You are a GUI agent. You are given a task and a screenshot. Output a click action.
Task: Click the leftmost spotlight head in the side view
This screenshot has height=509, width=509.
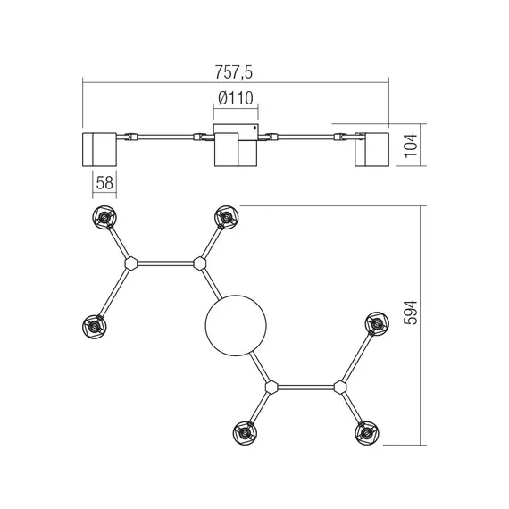click(x=99, y=147)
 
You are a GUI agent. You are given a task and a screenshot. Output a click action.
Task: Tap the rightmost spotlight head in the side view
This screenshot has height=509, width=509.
click(x=372, y=147)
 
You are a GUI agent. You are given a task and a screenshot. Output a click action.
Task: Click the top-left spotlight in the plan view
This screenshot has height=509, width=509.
click(x=104, y=217)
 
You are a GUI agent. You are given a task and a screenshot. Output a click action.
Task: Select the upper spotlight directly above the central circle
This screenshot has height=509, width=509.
click(x=224, y=217)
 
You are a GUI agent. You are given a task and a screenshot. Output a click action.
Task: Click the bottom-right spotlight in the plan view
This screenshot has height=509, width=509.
click(x=365, y=433)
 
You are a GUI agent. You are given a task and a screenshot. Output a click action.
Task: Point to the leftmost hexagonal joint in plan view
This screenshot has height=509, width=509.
click(x=131, y=263)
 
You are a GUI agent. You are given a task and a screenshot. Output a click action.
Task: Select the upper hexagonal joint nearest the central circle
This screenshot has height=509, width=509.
click(x=199, y=263)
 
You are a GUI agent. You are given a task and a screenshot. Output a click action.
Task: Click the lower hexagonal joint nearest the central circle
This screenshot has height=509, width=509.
click(x=272, y=387)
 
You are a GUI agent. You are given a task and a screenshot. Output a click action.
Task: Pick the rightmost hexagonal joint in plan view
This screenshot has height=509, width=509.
click(x=340, y=387)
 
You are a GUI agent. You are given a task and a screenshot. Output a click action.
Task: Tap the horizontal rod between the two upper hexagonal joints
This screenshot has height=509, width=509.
click(x=165, y=263)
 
